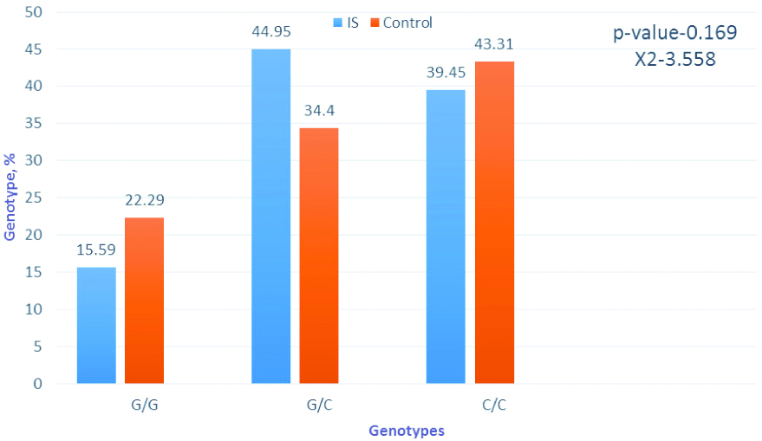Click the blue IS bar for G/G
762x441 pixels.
point(96,325)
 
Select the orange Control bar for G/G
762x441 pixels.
point(144,300)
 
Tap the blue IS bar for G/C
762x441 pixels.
point(270,216)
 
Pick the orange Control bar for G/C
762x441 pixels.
point(319,256)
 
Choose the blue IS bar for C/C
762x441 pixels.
point(446,237)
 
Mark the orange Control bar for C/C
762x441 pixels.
point(494,222)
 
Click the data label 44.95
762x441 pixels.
point(271,32)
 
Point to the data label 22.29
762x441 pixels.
point(145,200)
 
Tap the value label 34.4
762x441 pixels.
point(319,110)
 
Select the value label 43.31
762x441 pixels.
point(494,44)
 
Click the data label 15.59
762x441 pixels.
point(96,250)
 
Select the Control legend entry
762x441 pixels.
point(401,23)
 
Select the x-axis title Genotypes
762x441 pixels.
point(406,430)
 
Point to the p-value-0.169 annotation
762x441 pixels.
point(675,34)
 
